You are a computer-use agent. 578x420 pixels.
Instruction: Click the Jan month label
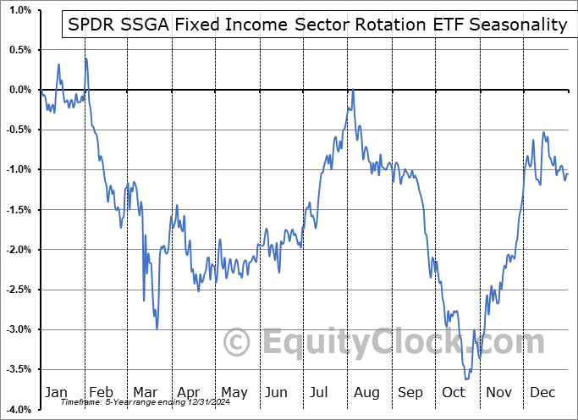click(56, 392)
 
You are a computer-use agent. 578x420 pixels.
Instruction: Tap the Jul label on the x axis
click(320, 392)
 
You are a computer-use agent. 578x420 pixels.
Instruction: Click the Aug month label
click(366, 392)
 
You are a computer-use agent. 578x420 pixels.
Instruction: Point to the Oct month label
click(454, 392)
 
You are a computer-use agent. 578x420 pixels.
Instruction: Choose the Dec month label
click(542, 392)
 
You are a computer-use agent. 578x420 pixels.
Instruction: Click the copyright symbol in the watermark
click(237, 343)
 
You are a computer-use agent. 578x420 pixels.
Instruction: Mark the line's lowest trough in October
click(466, 379)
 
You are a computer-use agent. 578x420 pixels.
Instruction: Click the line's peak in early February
click(85, 58)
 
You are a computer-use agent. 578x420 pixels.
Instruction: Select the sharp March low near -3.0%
click(156, 329)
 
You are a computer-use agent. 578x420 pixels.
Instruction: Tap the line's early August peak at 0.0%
click(352, 91)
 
